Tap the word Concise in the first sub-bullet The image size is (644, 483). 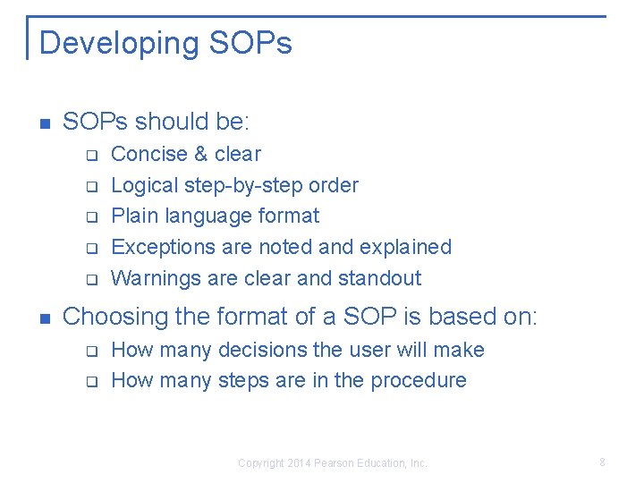[x=148, y=154]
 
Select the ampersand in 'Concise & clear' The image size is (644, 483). [x=199, y=154]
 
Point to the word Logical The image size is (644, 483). [x=144, y=185]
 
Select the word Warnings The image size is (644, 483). [x=156, y=278]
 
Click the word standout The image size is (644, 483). [x=379, y=278]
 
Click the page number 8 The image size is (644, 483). [x=602, y=462]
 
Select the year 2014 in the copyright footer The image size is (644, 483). [x=298, y=463]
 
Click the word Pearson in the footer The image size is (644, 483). [x=332, y=463]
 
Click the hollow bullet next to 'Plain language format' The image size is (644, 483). [x=90, y=217]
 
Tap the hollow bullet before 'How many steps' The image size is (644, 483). [x=90, y=382]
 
